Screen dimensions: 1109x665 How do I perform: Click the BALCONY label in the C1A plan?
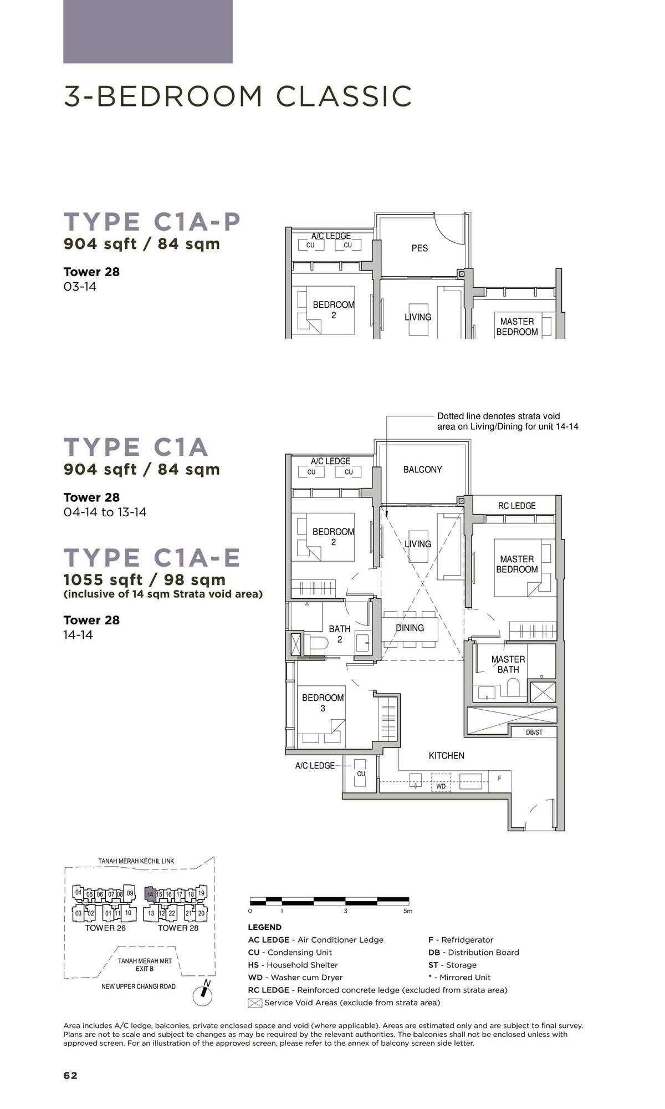422,470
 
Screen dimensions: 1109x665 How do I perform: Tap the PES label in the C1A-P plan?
420,248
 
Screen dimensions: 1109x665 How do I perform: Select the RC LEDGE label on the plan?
516,506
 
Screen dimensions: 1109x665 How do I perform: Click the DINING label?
410,628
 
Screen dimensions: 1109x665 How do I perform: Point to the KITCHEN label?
446,755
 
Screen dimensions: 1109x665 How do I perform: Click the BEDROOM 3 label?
323,703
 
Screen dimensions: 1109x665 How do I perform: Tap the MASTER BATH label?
508,664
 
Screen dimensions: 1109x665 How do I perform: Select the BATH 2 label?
339,634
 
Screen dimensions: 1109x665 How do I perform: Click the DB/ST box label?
534,732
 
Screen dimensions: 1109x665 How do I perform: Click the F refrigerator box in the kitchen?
499,779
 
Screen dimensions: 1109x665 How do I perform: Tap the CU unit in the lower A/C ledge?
361,774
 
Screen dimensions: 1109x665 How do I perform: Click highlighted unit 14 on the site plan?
150,894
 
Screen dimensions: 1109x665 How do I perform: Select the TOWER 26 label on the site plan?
105,928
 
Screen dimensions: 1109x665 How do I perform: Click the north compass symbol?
202,996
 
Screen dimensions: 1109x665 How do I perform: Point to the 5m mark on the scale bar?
407,911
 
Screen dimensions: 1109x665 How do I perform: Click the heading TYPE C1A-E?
152,558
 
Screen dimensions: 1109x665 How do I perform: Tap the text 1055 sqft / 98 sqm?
145,580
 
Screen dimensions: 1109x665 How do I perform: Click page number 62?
70,1076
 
